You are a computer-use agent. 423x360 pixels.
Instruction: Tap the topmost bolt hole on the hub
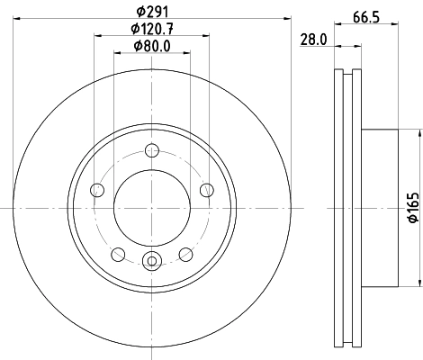[x=152, y=150]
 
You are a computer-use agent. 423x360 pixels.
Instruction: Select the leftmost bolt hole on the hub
[x=98, y=189]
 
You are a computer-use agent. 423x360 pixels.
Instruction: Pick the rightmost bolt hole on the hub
[x=206, y=189]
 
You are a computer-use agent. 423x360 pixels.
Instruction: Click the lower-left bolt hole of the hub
[x=119, y=253]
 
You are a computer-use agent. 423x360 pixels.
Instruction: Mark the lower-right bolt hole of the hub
[x=185, y=253]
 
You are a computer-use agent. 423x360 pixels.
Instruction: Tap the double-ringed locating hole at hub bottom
[x=152, y=262]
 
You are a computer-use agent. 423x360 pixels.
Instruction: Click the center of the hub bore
[x=152, y=208]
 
